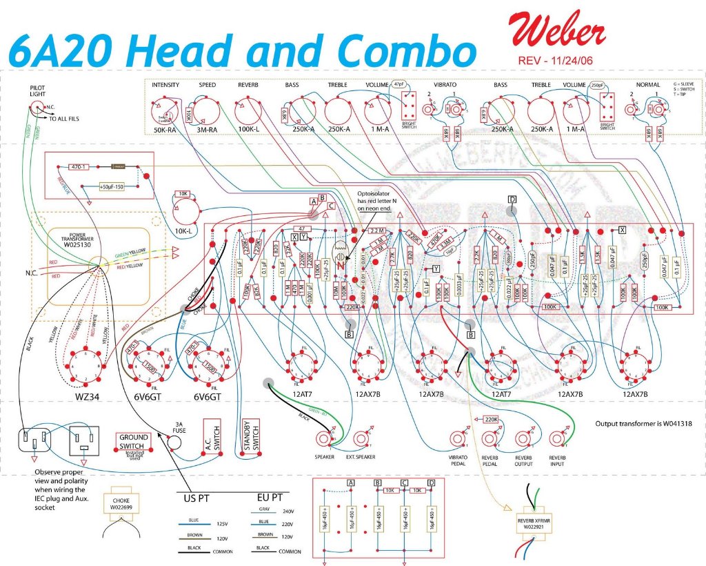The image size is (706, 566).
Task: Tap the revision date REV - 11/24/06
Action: tap(555, 61)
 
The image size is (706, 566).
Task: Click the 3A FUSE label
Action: tap(180, 427)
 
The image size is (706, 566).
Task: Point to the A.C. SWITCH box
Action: tap(212, 438)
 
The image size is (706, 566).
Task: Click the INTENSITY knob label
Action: tap(165, 86)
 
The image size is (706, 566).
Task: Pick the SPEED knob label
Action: tap(207, 86)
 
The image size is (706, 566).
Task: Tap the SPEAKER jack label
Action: tap(324, 456)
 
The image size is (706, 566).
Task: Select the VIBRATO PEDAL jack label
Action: tap(458, 460)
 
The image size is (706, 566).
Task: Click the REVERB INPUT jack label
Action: tap(558, 460)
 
